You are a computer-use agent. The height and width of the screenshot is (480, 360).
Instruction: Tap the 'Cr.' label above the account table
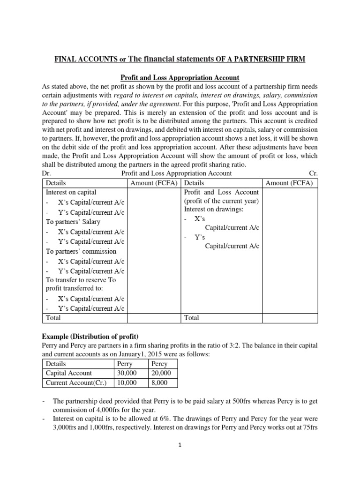coord(314,173)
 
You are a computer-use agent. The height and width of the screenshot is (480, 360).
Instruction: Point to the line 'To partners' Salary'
coord(73,222)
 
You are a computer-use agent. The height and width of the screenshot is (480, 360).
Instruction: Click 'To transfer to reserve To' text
coord(80,280)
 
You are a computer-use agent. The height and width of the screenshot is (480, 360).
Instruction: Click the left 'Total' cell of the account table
coord(53,317)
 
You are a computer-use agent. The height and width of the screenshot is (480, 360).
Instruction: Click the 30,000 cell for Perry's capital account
coord(125,373)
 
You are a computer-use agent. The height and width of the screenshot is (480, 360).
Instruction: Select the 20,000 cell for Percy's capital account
coord(161,373)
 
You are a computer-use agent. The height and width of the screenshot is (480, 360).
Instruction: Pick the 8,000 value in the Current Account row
coord(159,382)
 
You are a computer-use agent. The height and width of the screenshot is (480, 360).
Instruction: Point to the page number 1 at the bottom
coord(180,445)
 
